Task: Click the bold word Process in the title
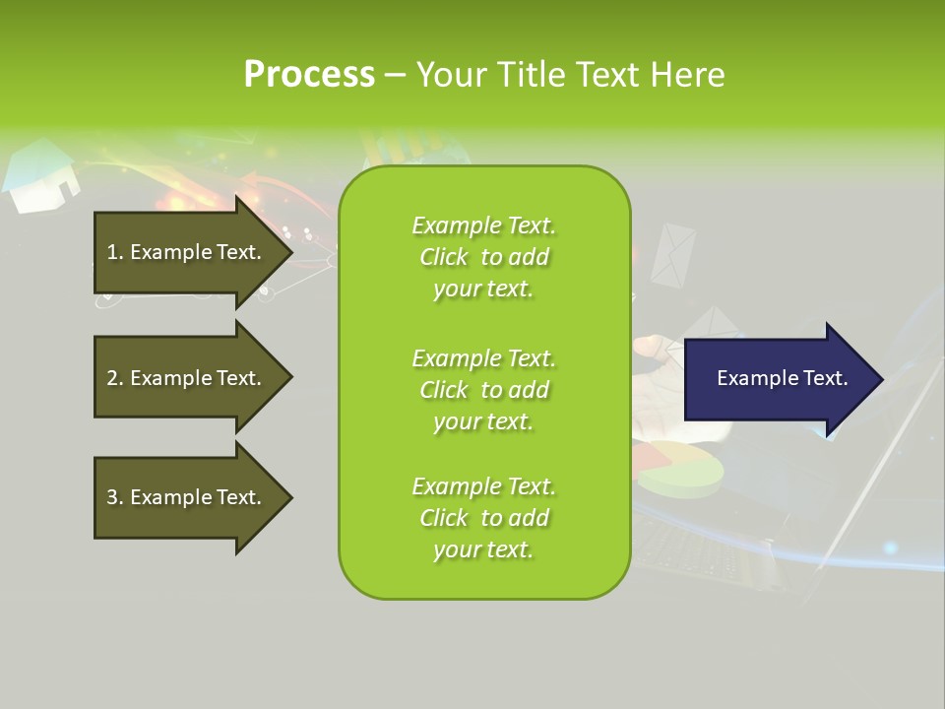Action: pos(309,75)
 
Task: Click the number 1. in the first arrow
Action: pos(114,252)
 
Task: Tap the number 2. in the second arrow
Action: pos(114,378)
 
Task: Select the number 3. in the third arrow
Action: pos(114,497)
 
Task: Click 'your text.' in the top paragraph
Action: pos(483,290)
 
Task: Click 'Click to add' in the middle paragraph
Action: pos(483,390)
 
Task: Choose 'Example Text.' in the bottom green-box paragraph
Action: pos(483,486)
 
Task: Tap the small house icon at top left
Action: pos(41,177)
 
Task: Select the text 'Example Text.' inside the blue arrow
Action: pos(783,378)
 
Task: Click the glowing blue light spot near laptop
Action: pos(890,548)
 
